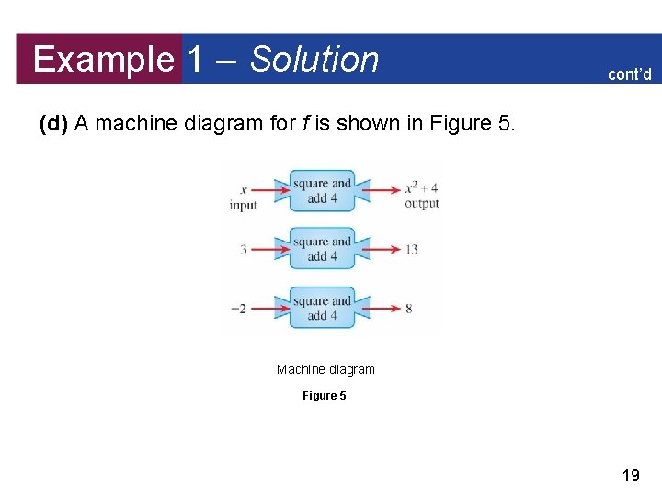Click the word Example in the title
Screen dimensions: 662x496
click(103, 61)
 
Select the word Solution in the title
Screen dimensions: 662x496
click(314, 60)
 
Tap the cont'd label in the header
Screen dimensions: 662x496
click(629, 74)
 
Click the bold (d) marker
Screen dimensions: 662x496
click(54, 123)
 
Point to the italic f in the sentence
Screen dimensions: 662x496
click(303, 123)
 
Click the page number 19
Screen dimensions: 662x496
click(631, 476)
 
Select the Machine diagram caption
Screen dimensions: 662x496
click(325, 369)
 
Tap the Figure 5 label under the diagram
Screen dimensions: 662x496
click(325, 396)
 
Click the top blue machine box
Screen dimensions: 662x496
click(322, 190)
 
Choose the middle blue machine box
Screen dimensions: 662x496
click(322, 249)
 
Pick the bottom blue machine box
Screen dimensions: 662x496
click(322, 308)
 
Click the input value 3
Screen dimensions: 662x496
click(244, 249)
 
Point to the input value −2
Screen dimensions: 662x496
click(239, 309)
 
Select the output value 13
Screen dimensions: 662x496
click(410, 249)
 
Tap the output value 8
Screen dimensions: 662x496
click(408, 309)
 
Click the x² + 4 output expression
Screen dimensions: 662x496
click(421, 188)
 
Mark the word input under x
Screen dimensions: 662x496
click(244, 205)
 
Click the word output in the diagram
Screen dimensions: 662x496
click(422, 204)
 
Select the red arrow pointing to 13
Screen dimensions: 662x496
click(379, 249)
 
